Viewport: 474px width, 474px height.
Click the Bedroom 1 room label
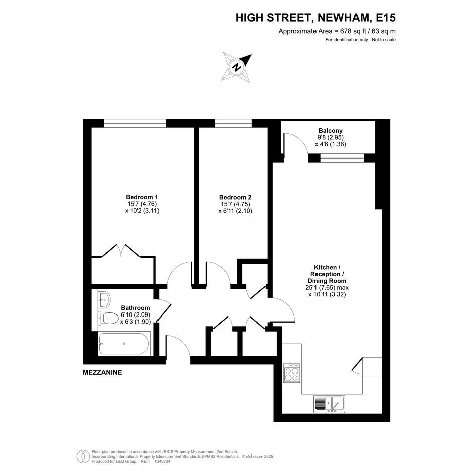142,197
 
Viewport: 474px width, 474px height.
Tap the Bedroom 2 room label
235,197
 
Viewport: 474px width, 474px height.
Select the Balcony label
331,131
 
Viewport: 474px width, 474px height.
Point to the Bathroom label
135,308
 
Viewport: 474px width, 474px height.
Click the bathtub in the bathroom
124,344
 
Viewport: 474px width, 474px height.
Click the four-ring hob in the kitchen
292,373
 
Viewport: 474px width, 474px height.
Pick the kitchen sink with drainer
329,404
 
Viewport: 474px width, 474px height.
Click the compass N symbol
237,67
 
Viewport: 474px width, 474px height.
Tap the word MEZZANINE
102,372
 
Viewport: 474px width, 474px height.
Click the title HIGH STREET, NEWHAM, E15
315,18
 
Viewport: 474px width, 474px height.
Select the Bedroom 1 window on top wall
135,123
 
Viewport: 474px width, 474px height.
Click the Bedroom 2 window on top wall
233,123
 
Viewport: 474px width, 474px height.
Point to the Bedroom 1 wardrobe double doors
121,251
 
